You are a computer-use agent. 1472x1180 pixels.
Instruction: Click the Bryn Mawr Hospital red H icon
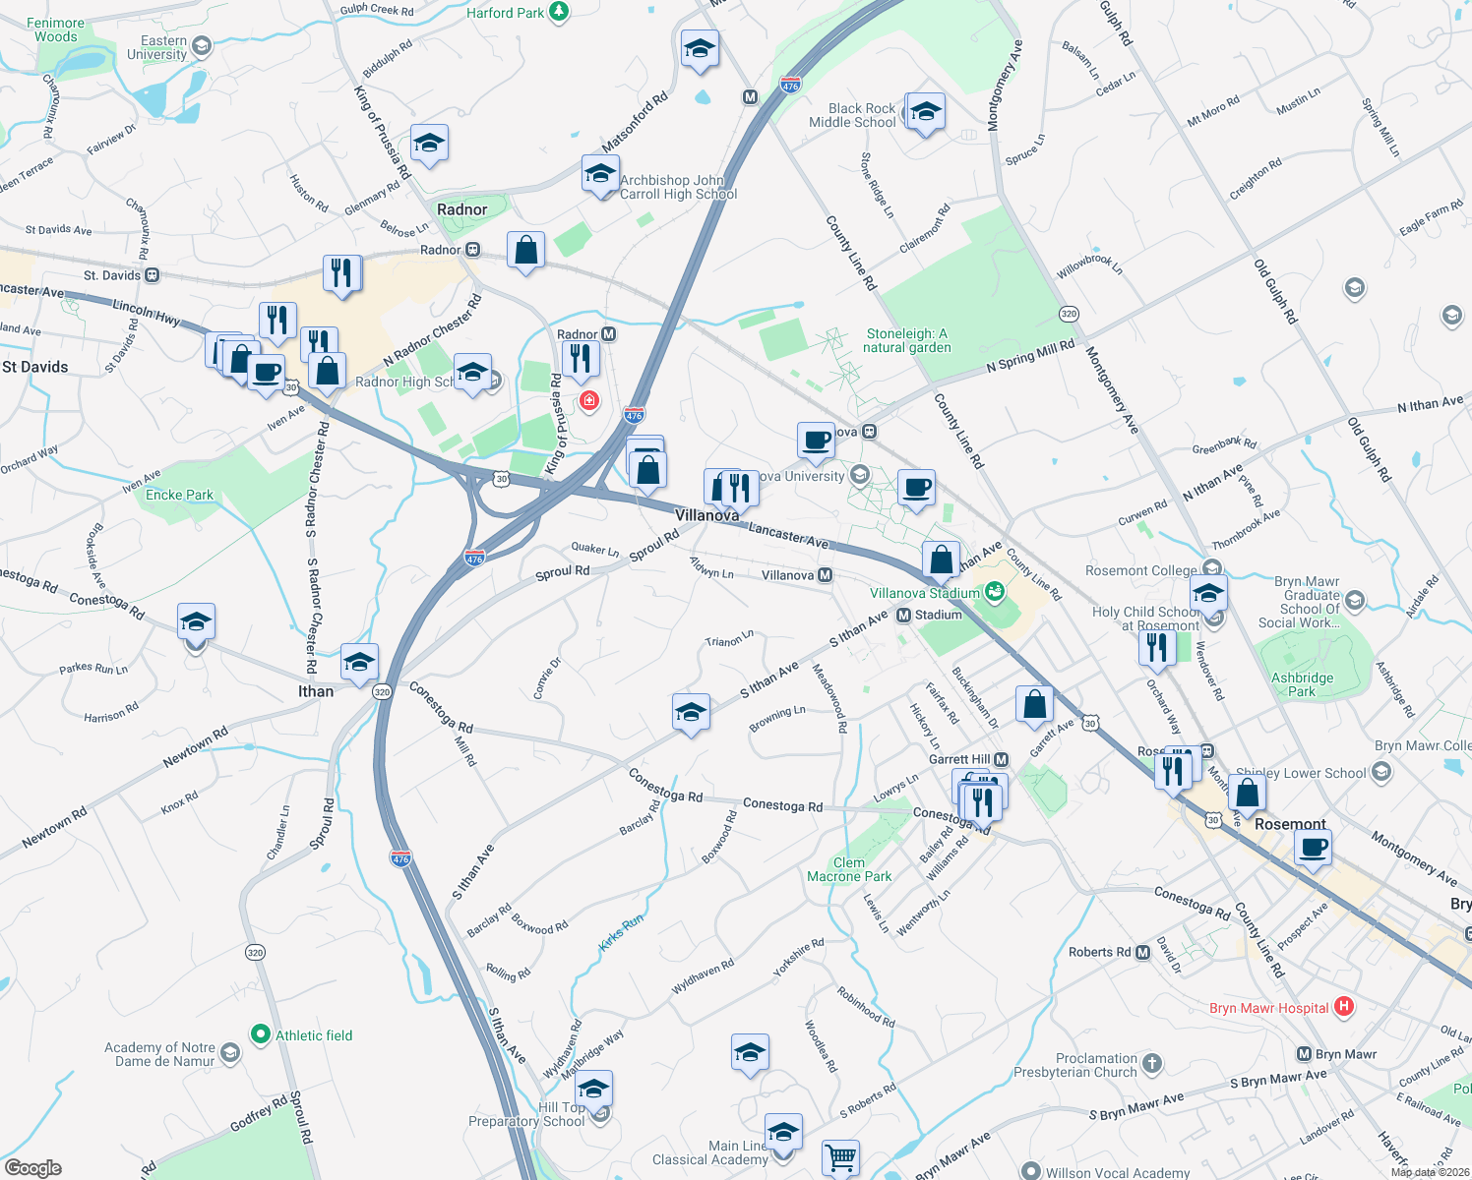(1344, 1007)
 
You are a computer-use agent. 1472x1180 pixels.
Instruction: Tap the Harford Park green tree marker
(559, 12)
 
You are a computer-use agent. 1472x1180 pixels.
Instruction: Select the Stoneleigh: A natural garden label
(906, 340)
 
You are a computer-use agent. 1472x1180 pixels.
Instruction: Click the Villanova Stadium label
(924, 593)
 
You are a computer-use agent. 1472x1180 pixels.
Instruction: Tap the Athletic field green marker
(261, 1034)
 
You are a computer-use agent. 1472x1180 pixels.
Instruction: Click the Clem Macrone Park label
(849, 869)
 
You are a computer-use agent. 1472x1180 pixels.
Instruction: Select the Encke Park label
(179, 495)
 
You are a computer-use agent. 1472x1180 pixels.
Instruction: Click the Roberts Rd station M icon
(1142, 952)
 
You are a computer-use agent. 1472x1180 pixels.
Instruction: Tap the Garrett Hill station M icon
(1001, 759)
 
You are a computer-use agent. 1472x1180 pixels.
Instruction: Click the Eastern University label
(163, 47)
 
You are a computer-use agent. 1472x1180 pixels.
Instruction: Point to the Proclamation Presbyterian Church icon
(1152, 1063)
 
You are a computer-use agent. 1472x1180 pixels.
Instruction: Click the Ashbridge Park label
(1302, 684)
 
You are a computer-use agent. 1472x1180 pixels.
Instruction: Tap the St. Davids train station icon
(152, 275)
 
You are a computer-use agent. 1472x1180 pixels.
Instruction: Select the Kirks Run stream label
(621, 932)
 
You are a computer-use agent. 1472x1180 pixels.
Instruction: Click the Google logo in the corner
(32, 1167)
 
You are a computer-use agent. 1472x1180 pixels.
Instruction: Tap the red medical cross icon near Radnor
(589, 400)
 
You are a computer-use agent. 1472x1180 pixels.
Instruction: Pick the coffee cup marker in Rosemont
(1314, 847)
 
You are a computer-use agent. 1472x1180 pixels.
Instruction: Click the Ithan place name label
(316, 691)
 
